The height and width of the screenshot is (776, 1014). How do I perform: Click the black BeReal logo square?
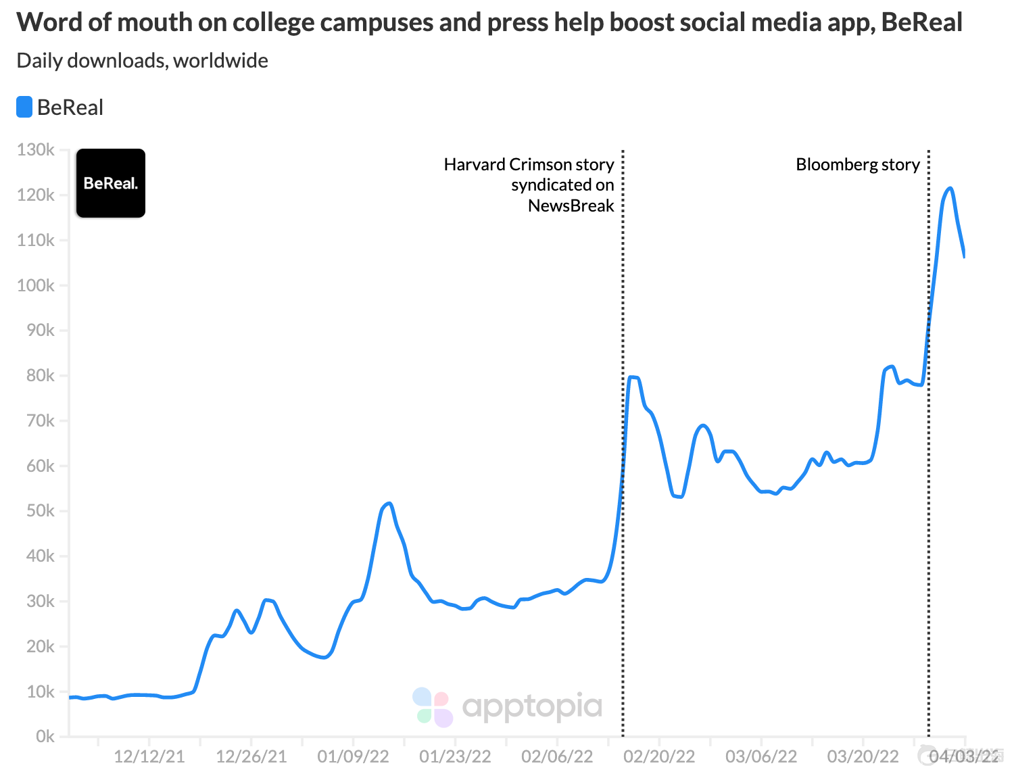111,183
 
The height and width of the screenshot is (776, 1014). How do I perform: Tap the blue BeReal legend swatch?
24,107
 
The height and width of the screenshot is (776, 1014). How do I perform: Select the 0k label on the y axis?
45,736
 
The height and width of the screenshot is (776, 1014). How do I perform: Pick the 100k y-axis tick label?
36,285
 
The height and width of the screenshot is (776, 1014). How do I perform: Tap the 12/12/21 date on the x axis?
149,756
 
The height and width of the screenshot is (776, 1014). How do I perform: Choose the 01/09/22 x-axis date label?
353,756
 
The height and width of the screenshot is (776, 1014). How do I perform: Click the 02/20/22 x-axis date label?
659,756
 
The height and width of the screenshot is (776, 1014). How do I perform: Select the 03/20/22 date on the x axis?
863,756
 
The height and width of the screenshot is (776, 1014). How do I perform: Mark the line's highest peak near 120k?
950,189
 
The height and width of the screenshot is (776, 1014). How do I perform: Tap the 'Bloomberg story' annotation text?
858,165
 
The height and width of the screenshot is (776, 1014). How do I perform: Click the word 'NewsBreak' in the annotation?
571,205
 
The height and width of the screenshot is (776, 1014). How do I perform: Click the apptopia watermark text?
532,707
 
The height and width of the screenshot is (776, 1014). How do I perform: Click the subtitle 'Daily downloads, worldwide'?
143,61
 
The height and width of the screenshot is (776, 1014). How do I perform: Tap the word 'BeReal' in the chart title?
921,22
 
